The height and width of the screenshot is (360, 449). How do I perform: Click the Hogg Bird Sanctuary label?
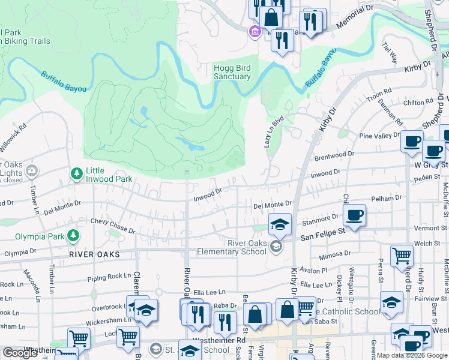(x=232, y=73)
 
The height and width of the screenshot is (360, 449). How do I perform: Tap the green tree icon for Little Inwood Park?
(x=76, y=174)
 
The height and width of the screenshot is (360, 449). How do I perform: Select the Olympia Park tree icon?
(x=73, y=235)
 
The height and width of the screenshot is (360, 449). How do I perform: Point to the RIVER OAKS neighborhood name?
(x=95, y=254)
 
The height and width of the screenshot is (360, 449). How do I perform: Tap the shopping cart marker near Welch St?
(x=402, y=256)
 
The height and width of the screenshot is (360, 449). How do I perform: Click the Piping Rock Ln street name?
(x=109, y=277)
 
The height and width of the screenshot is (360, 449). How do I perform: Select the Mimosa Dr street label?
(x=334, y=255)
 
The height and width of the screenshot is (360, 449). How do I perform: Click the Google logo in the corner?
(x=20, y=353)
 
